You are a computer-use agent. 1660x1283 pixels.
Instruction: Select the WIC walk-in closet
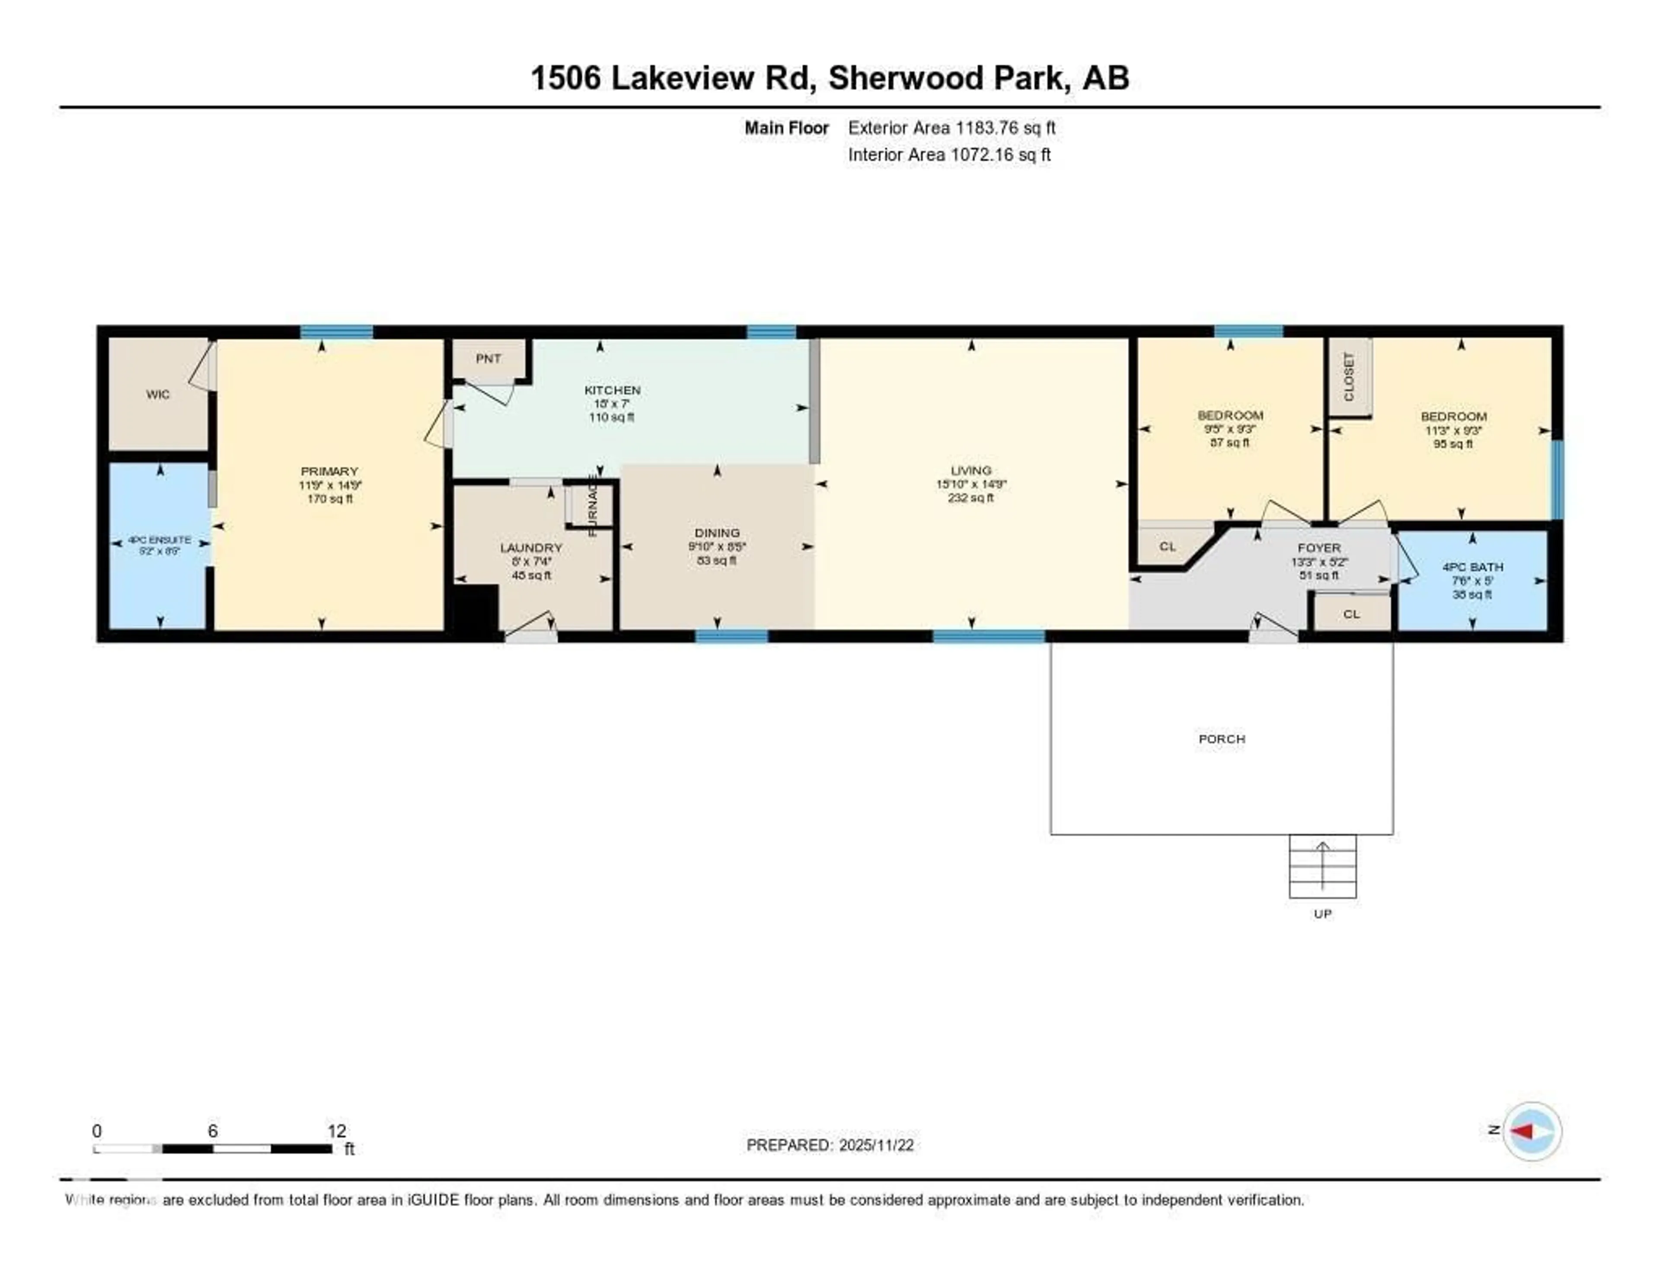pyautogui.click(x=158, y=394)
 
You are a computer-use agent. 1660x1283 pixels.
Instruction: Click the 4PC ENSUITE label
pyautogui.click(x=160, y=540)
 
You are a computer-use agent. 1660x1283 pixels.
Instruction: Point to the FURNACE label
pyautogui.click(x=593, y=505)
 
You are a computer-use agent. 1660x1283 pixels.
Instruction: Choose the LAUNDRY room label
pyautogui.click(x=530, y=548)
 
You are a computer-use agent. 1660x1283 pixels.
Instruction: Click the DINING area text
pyautogui.click(x=717, y=532)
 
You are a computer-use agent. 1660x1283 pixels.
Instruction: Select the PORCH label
pyautogui.click(x=1221, y=738)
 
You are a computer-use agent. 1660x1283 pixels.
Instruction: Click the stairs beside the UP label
pyautogui.click(x=1322, y=866)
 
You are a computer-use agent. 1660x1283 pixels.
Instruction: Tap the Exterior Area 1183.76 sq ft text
pyautogui.click(x=951, y=128)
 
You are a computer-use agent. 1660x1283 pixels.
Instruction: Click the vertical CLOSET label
pyautogui.click(x=1349, y=376)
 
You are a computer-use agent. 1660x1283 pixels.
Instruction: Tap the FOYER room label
pyautogui.click(x=1319, y=548)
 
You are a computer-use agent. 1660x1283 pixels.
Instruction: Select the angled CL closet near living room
pyautogui.click(x=1168, y=546)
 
